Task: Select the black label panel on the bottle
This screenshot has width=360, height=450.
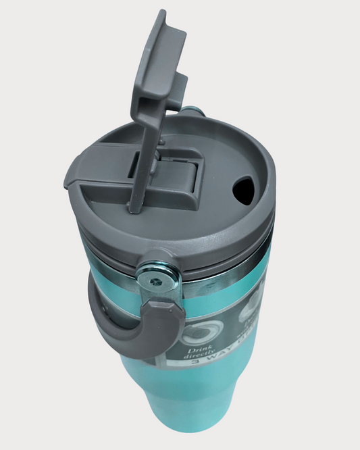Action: point(216,338)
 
